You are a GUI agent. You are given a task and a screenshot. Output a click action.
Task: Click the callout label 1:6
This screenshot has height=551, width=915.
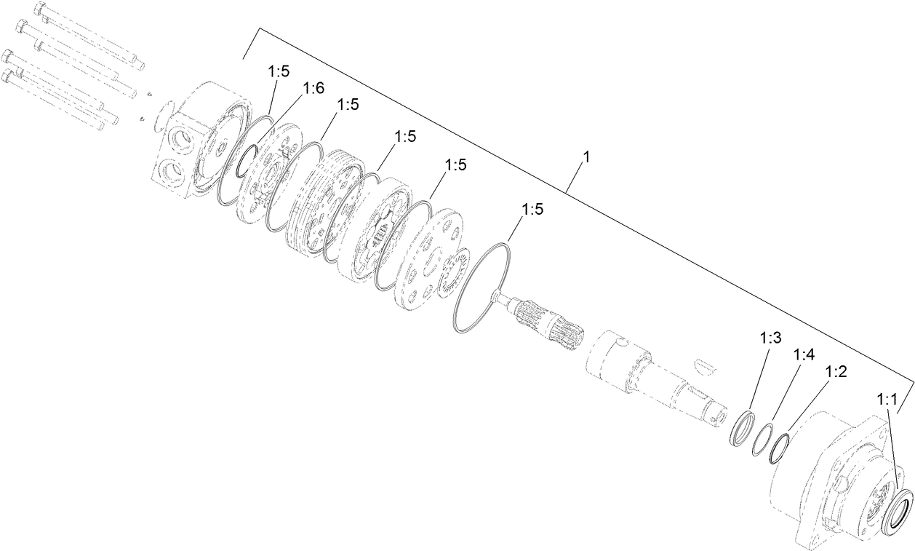pyautogui.click(x=313, y=88)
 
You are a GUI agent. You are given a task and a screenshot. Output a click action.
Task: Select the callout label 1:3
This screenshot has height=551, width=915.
pyautogui.click(x=770, y=338)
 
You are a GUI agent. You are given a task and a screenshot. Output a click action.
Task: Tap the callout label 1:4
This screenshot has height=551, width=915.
pyautogui.click(x=804, y=354)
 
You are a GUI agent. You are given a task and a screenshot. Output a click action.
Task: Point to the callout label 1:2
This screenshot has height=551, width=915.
pyautogui.click(x=836, y=371)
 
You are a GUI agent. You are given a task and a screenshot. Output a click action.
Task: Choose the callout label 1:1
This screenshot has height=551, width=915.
pyautogui.click(x=888, y=400)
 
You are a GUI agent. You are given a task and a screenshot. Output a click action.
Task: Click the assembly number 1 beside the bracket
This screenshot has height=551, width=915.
pyautogui.click(x=585, y=156)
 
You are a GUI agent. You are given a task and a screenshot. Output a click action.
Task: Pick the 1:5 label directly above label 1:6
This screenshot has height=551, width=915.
pyautogui.click(x=279, y=71)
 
